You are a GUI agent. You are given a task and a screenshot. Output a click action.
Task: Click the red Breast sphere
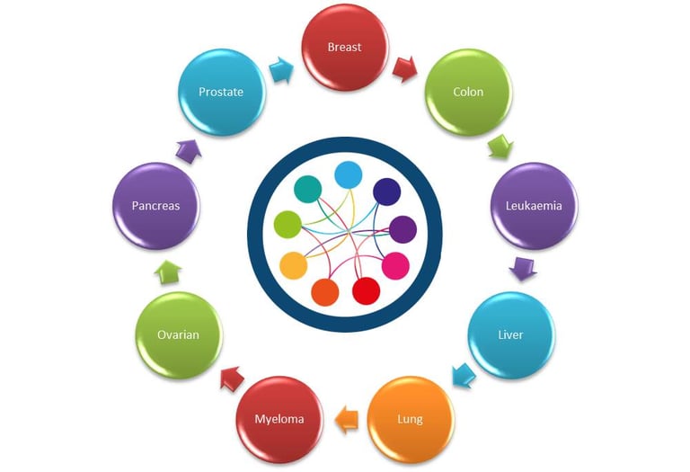coord(345,47)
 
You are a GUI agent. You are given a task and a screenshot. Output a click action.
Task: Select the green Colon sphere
coord(468,92)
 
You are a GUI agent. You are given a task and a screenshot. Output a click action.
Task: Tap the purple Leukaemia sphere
coord(534,205)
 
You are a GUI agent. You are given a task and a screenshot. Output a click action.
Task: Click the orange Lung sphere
coord(411,418)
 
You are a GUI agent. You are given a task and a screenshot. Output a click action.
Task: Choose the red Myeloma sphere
coord(279,418)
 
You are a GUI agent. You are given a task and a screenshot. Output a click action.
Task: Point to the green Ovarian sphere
coord(178,334)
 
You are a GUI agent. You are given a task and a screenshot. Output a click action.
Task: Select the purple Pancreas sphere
coord(155,205)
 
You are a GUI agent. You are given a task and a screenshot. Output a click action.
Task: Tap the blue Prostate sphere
coord(221,92)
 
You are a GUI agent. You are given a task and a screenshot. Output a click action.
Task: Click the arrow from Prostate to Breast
coord(280,67)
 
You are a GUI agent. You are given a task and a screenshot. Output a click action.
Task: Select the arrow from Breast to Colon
coord(404,67)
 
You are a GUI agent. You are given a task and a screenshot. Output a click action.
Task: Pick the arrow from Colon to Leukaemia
coord(499,147)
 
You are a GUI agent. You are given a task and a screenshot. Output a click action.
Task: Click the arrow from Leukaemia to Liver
coord(523,269)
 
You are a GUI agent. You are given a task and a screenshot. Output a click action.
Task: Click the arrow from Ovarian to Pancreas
coord(168,271)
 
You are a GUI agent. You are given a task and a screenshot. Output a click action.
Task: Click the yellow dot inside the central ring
coord(294,263)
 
